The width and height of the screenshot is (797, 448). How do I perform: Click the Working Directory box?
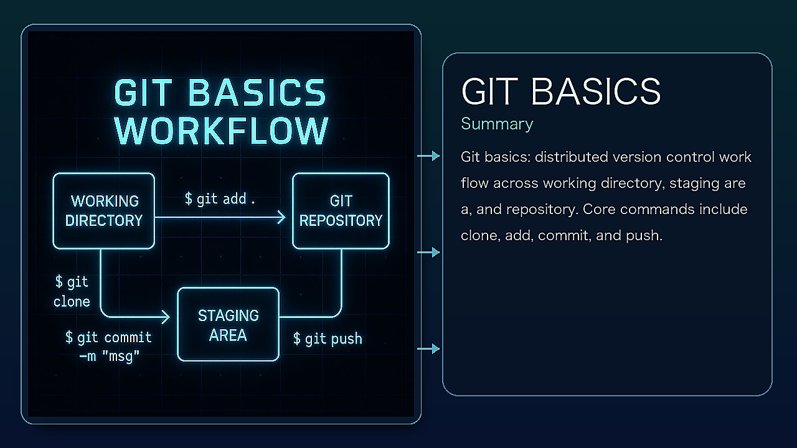103,211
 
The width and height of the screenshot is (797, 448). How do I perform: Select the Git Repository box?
341,211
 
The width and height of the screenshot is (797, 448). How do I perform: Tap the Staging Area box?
228,324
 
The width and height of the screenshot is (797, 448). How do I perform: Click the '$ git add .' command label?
220,199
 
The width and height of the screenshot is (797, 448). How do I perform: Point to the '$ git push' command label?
328,338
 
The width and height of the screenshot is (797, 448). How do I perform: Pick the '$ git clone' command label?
72,292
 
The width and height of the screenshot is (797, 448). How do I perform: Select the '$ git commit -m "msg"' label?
108,347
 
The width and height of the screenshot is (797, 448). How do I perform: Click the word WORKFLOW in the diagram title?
222,131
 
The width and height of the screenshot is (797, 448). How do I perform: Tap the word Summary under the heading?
497,124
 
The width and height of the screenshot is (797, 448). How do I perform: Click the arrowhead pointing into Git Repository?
281,217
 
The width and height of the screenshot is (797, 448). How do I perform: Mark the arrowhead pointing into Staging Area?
166,317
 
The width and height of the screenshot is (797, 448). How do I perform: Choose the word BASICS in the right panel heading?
596,91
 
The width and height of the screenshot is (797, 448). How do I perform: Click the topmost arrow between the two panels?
428,156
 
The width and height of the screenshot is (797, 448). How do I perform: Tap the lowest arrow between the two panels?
428,349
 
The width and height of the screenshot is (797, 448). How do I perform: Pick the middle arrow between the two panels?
428,252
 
